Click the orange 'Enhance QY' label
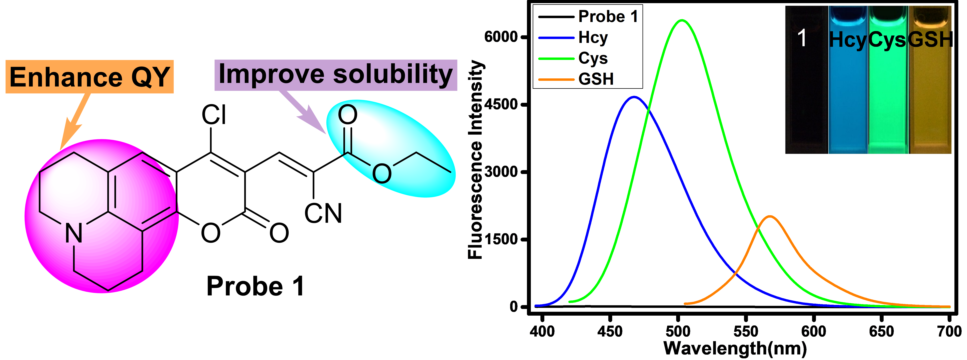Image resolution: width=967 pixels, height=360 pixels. click(x=89, y=77)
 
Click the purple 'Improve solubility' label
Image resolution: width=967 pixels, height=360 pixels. click(x=336, y=75)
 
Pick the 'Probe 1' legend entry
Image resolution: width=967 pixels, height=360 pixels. click(x=608, y=16)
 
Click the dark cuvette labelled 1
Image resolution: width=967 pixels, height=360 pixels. click(x=806, y=94)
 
